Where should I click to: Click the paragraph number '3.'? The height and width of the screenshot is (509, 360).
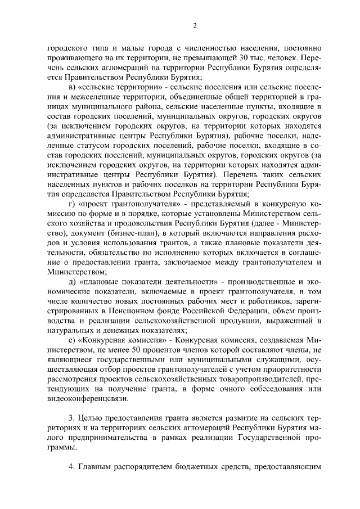point(72,419)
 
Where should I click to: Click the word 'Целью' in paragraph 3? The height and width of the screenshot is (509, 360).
point(92,419)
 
